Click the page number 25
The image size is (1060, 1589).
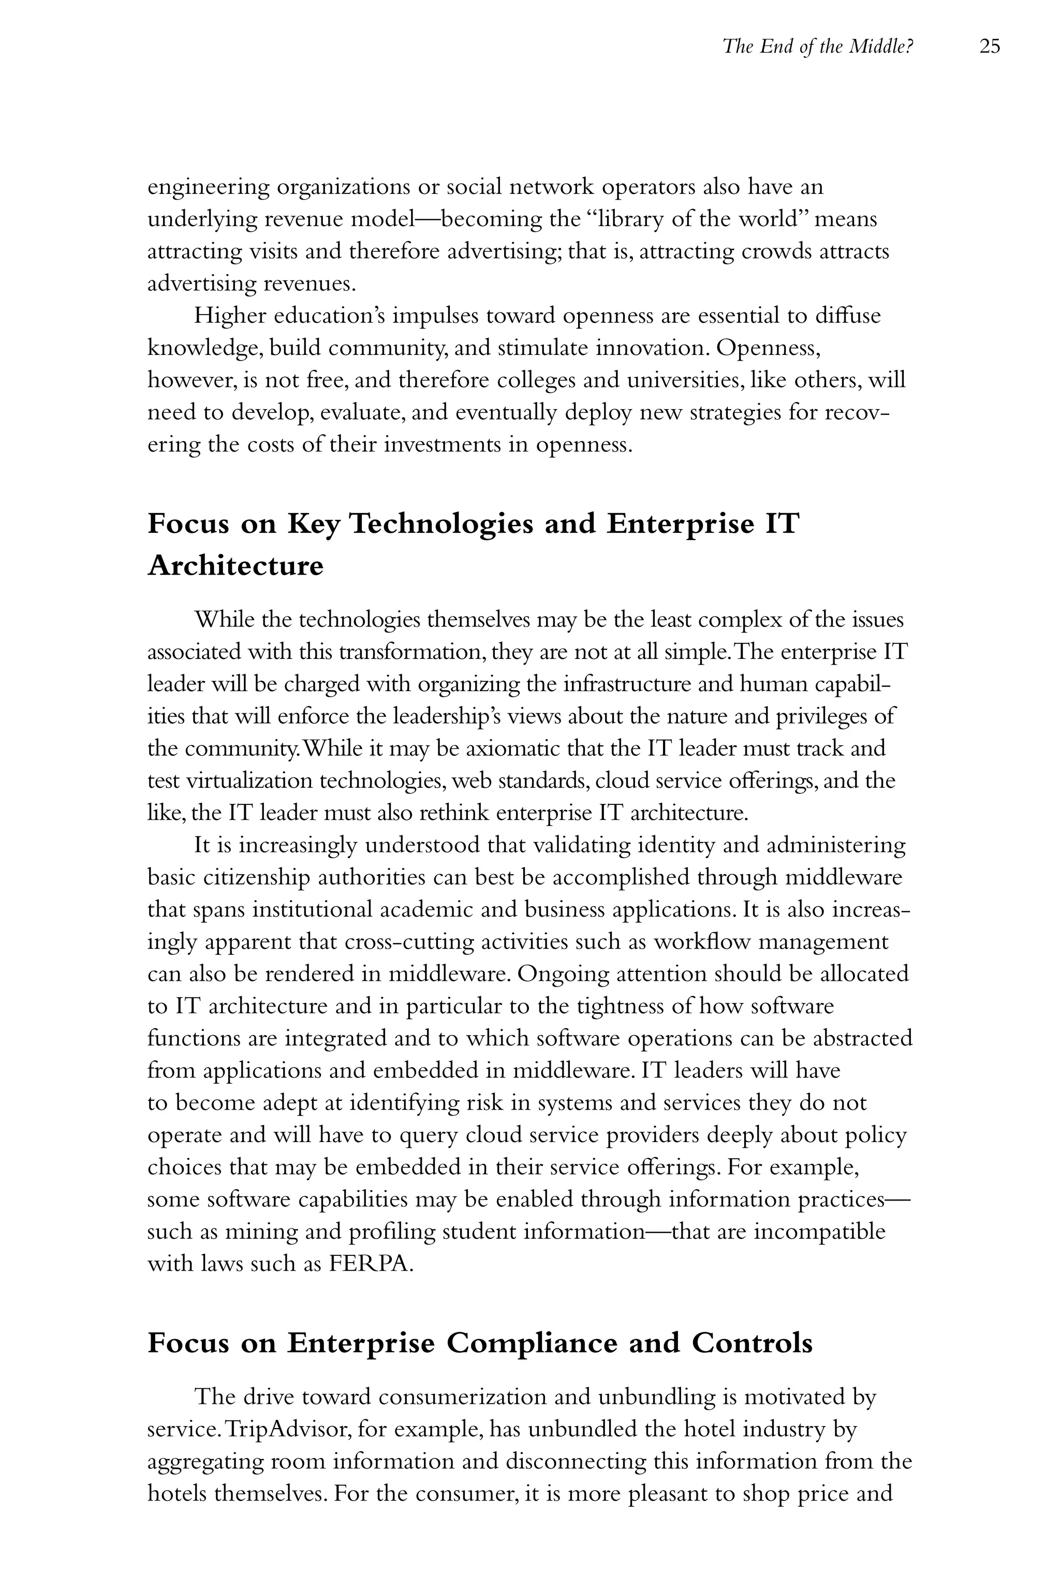pos(989,47)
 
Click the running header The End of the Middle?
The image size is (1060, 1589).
pos(817,47)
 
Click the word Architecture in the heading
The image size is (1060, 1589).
pos(235,566)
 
